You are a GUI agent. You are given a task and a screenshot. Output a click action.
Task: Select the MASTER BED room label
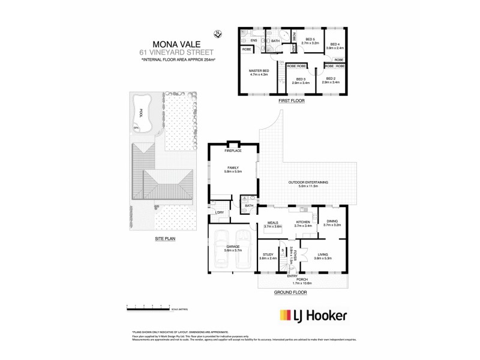click(x=259, y=71)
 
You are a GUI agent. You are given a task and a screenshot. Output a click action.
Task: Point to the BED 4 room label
click(x=334, y=44)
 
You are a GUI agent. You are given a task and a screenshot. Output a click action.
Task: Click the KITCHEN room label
click(x=302, y=223)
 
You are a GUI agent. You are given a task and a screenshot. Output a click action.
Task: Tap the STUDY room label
click(x=268, y=255)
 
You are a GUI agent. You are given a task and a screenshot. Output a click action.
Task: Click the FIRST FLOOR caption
click(x=292, y=101)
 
